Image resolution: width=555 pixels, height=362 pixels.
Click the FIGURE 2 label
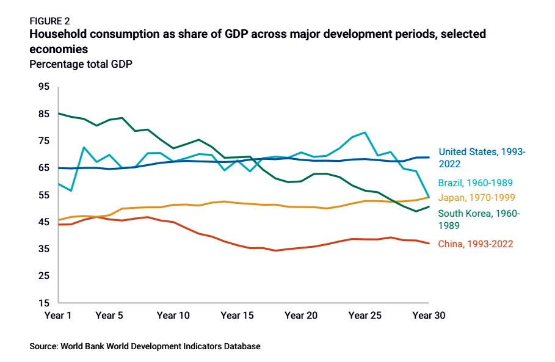pos(49,21)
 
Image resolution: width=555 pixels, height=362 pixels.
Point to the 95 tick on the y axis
pos(43,87)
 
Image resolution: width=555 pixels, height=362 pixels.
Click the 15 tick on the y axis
pos(43,303)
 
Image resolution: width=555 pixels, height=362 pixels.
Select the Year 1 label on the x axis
pos(59,316)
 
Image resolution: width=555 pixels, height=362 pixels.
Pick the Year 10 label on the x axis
pos(173,316)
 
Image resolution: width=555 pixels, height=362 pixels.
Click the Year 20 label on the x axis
pos(301,316)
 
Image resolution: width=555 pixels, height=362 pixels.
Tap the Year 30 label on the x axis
pos(429,316)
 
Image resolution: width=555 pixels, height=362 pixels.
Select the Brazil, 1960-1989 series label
pos(474,183)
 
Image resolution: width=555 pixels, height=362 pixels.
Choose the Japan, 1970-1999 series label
pos(476,198)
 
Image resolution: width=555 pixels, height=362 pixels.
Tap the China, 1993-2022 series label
pos(476,244)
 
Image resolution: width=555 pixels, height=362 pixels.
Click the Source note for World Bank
pos(145,346)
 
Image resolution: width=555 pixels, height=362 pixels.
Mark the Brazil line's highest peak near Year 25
pos(365,132)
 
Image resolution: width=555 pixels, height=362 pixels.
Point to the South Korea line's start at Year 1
pos(59,114)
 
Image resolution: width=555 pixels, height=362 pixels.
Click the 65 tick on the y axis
pos(43,168)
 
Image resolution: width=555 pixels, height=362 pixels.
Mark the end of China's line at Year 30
pos(429,244)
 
